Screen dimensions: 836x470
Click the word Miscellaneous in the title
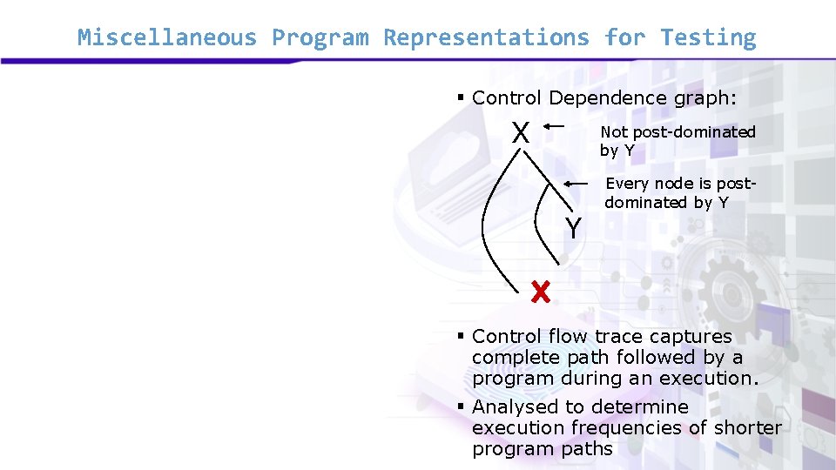(x=167, y=38)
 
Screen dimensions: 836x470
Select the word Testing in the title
(x=708, y=38)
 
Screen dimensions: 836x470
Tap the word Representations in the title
(x=486, y=38)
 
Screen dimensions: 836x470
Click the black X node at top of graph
(x=521, y=133)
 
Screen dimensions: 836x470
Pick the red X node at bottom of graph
(x=541, y=292)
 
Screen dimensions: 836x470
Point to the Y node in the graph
(x=572, y=229)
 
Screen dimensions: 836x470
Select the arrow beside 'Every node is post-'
(x=576, y=185)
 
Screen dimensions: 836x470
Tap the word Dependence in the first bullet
(x=606, y=98)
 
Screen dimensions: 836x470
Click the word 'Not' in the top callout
(x=614, y=132)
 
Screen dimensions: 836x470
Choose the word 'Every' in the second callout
(x=627, y=184)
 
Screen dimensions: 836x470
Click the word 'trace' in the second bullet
(x=617, y=337)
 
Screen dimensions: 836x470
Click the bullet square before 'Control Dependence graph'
(x=462, y=97)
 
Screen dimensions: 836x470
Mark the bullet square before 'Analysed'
(x=462, y=406)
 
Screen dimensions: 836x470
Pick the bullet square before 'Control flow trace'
(x=462, y=336)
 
